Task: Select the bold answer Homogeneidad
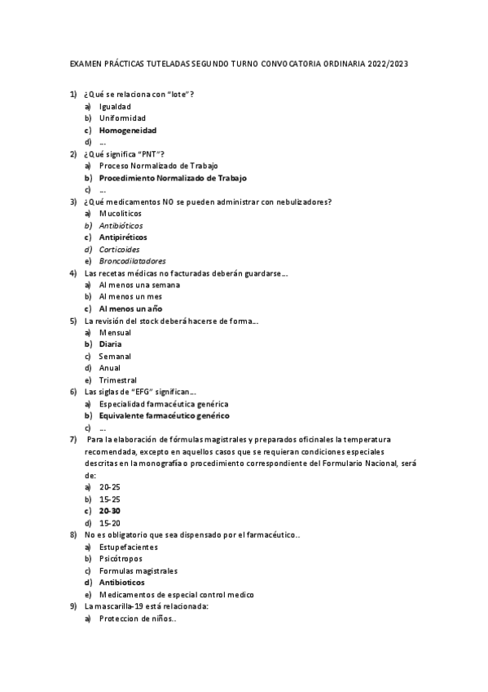tap(128, 130)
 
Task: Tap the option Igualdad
tap(115, 106)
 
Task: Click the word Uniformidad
tap(122, 118)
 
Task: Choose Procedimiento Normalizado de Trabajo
tap(173, 177)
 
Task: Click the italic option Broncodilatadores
tap(132, 261)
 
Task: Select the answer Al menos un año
tap(130, 308)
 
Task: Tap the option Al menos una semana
tap(139, 285)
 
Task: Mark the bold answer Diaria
tap(111, 344)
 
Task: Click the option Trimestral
tap(118, 379)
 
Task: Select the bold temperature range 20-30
tap(110, 510)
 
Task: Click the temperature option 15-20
tap(110, 522)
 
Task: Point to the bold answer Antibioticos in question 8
tap(122, 583)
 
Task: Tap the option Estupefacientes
tap(128, 547)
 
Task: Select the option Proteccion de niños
tap(138, 619)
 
